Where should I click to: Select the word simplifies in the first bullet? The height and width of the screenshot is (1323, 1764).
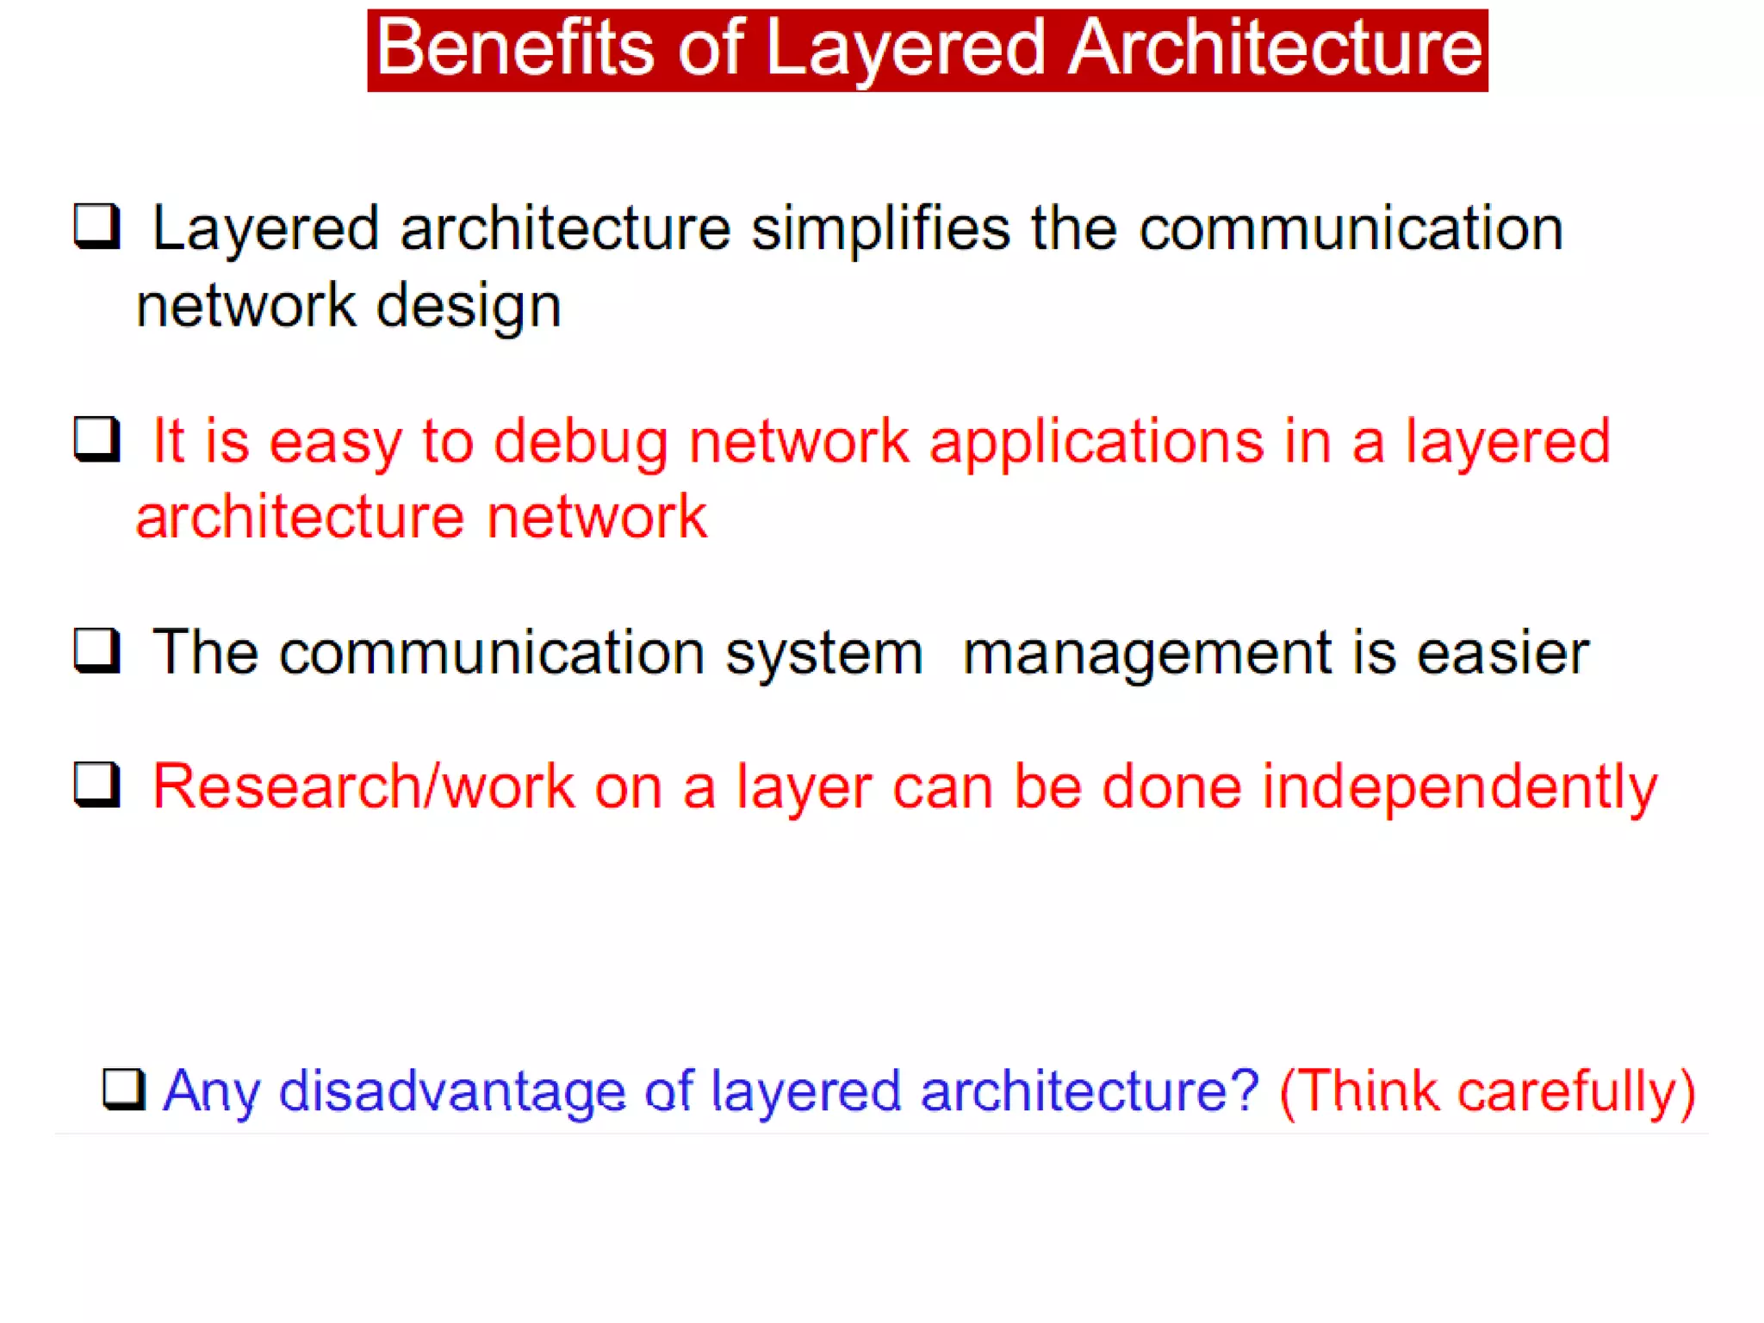pyautogui.click(x=880, y=229)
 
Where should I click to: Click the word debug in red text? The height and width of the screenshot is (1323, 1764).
pyautogui.click(x=580, y=443)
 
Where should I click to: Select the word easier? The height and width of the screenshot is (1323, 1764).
pyautogui.click(x=1502, y=653)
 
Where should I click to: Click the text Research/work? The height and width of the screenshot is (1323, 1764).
pyautogui.click(x=363, y=787)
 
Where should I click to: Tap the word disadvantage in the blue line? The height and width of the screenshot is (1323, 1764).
pyautogui.click(x=451, y=1092)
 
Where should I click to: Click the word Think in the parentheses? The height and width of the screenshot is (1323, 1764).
pyautogui.click(x=1369, y=1092)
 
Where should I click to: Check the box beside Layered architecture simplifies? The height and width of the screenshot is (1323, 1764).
pyautogui.click(x=96, y=227)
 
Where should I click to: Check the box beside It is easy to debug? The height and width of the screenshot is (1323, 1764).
pyautogui.click(x=96, y=439)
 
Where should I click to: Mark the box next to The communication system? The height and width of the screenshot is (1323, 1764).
pyautogui.click(x=96, y=650)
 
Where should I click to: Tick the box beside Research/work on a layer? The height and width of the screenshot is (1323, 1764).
pyautogui.click(x=96, y=785)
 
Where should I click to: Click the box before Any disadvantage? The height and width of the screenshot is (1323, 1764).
pyautogui.click(x=124, y=1090)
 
